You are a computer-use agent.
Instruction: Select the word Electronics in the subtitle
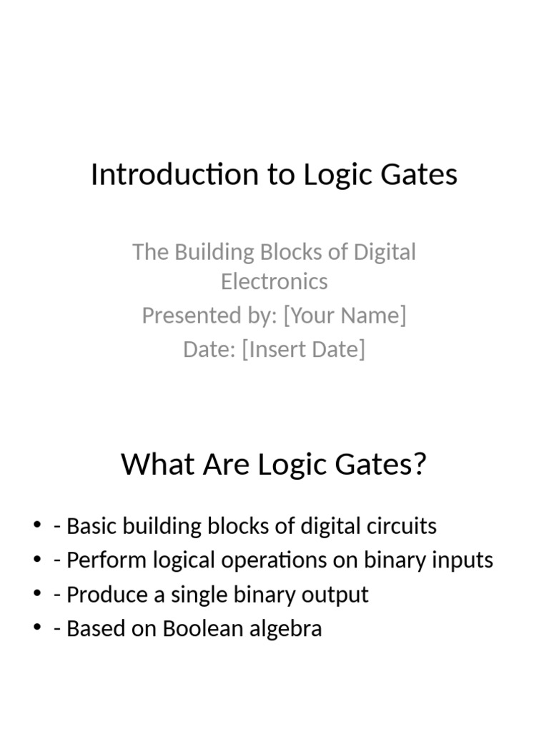pyautogui.click(x=274, y=281)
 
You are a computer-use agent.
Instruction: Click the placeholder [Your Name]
pyautogui.click(x=345, y=315)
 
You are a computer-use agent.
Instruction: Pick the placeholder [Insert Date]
pyautogui.click(x=303, y=349)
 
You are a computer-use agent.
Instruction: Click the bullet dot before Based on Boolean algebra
pyautogui.click(x=37, y=629)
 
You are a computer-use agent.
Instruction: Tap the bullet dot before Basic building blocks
pyautogui.click(x=37, y=527)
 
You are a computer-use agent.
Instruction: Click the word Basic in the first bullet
pyautogui.click(x=90, y=526)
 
